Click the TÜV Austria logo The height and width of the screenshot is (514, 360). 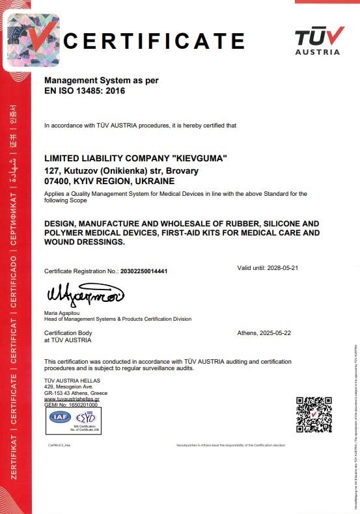click(317, 40)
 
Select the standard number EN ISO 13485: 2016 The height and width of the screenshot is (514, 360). click(84, 91)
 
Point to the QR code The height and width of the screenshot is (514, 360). click(314, 414)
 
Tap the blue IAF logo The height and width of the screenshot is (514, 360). click(61, 417)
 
